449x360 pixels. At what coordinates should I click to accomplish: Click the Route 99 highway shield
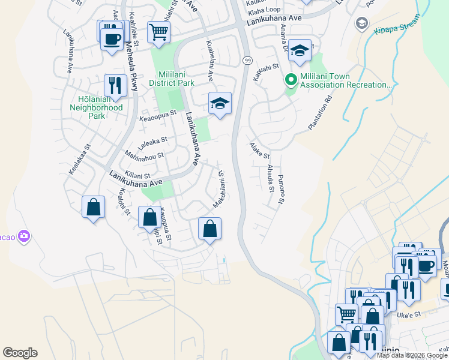pos(247,60)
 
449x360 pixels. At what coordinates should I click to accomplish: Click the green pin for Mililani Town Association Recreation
pos(291,80)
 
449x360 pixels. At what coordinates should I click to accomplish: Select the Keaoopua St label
pos(158,113)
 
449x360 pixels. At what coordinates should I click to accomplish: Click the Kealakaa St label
pos(79,160)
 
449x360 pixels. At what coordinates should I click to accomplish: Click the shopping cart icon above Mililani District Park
pos(158,31)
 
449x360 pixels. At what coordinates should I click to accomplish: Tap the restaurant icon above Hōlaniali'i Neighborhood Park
pos(115,85)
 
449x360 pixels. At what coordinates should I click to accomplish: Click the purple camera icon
pos(24,236)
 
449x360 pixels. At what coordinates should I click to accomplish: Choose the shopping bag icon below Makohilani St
pos(209,228)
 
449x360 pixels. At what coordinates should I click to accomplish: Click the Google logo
pos(20,353)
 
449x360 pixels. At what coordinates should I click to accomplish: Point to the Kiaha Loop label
pos(264,10)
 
